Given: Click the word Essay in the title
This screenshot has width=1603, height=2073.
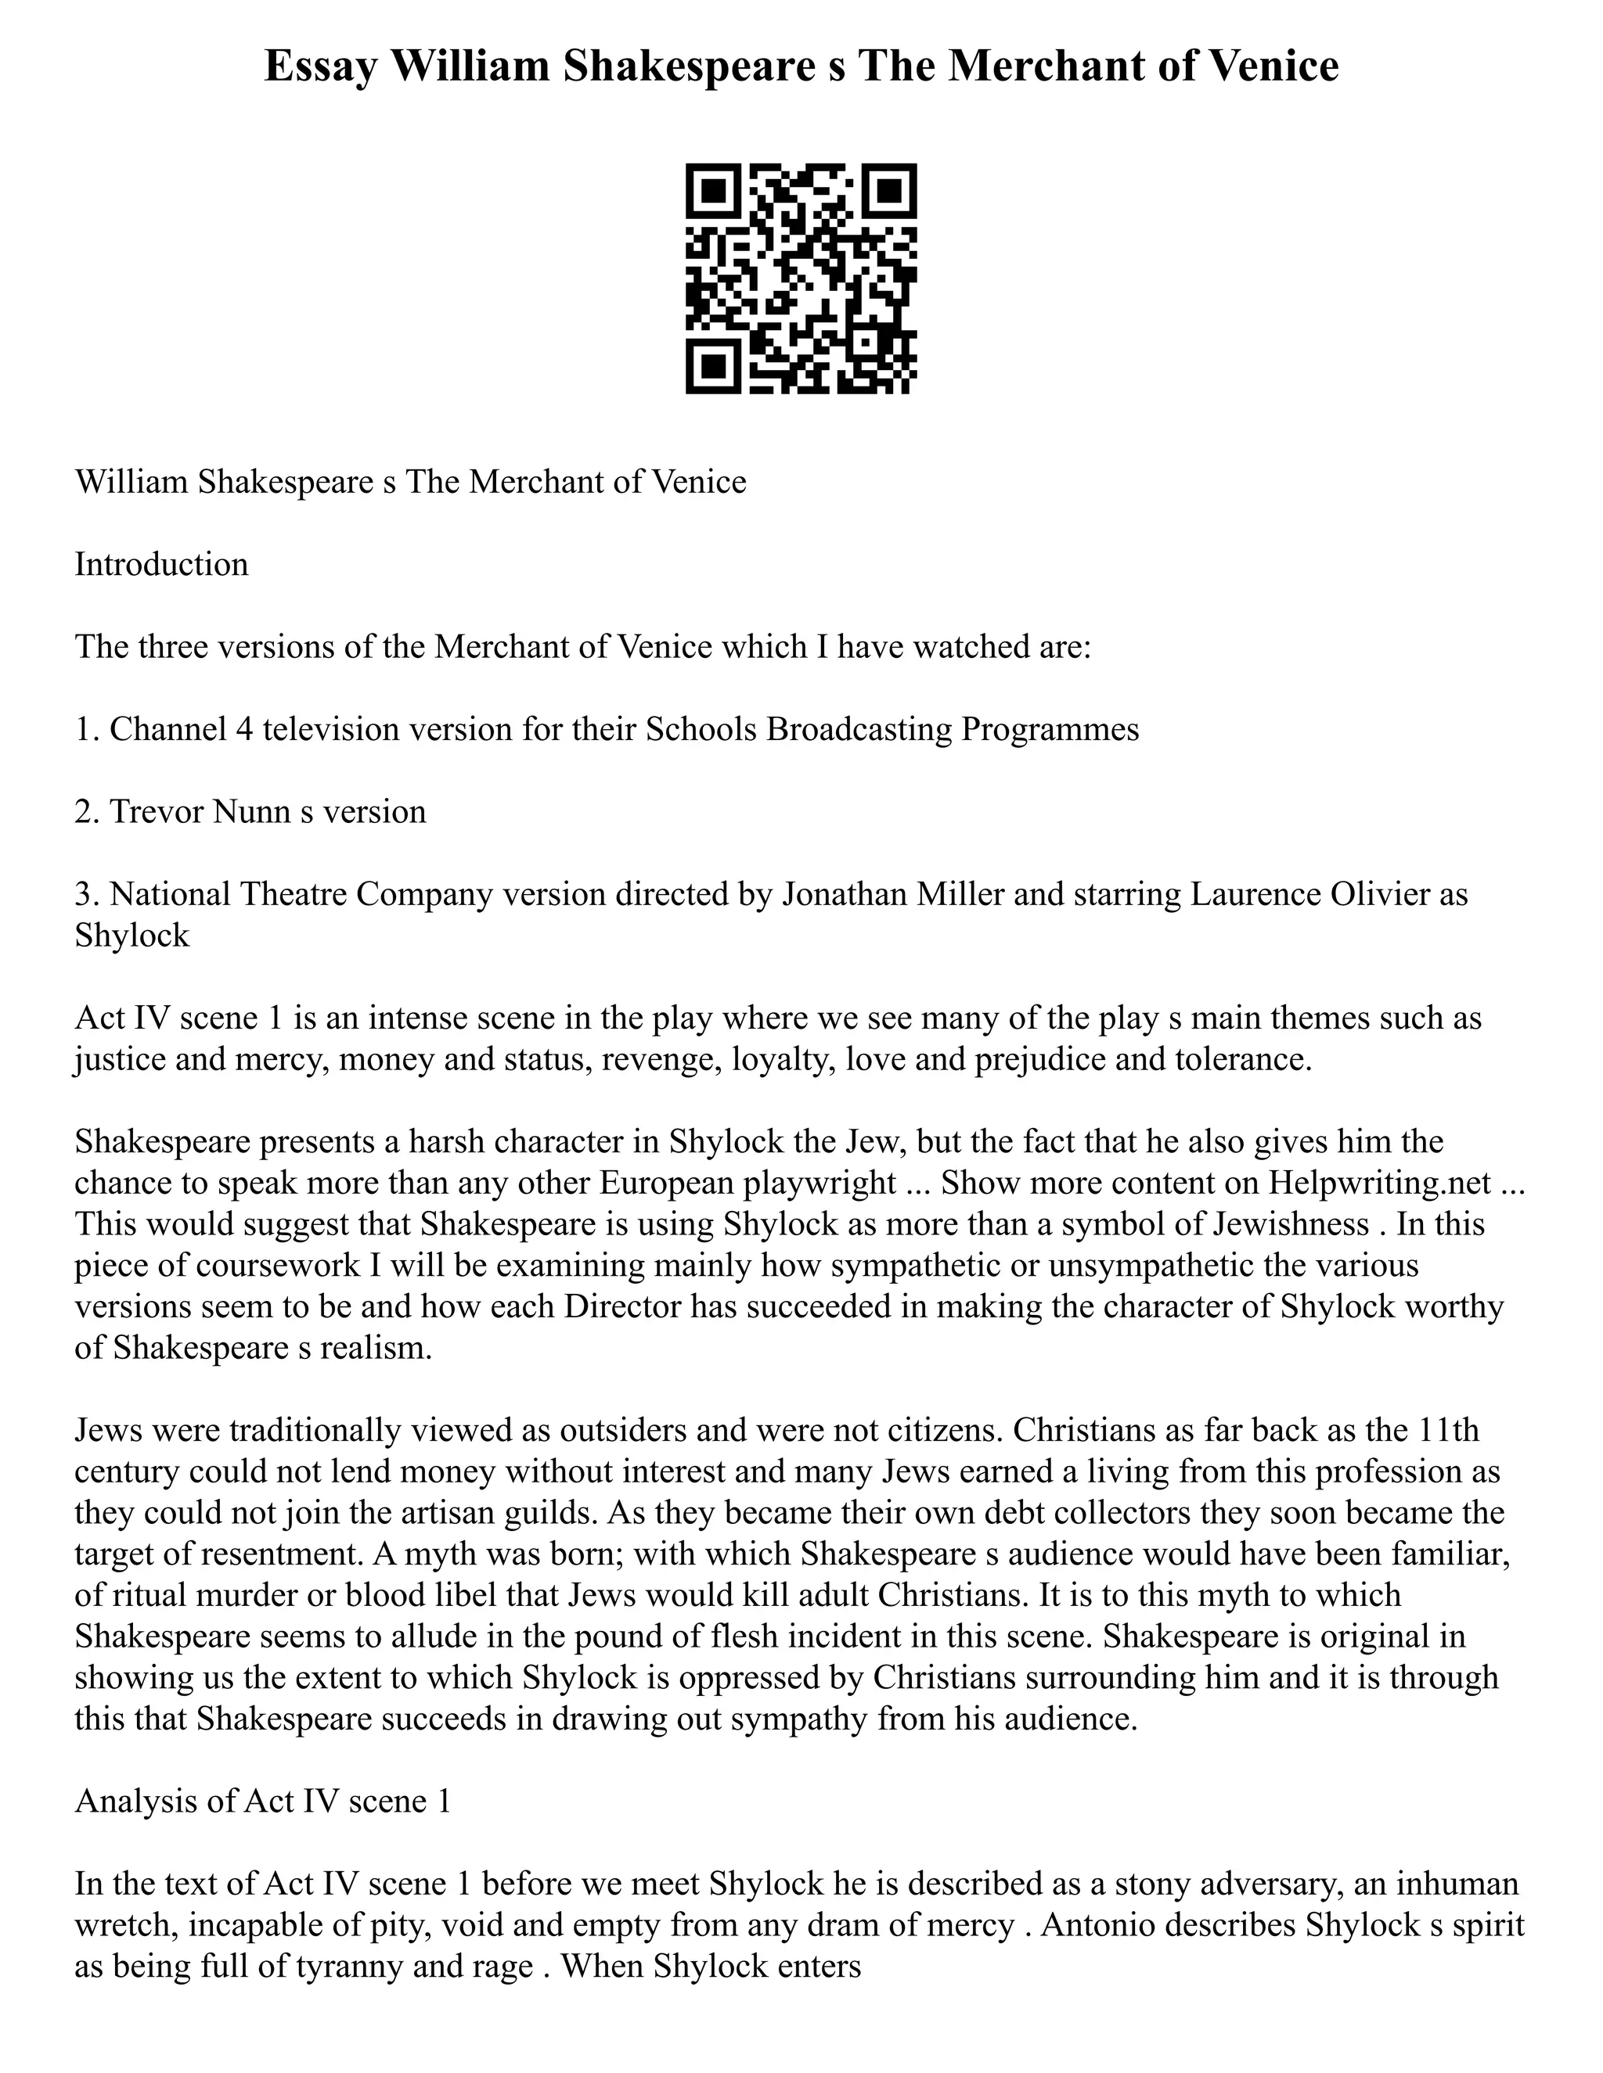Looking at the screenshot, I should (x=319, y=66).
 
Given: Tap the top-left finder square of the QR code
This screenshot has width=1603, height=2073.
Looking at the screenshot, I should (x=713, y=191).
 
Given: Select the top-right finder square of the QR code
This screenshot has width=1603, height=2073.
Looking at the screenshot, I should (x=889, y=191).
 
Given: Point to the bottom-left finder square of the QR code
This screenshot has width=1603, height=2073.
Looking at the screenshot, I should (x=713, y=366).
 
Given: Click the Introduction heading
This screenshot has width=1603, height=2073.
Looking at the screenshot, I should (x=161, y=565).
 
